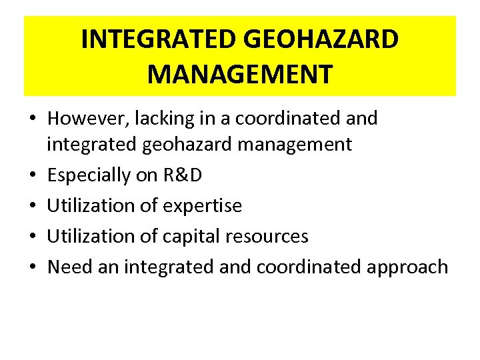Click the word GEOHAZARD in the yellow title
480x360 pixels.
(x=322, y=39)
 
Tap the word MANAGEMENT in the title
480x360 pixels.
(x=240, y=73)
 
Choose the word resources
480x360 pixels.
(x=267, y=236)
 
